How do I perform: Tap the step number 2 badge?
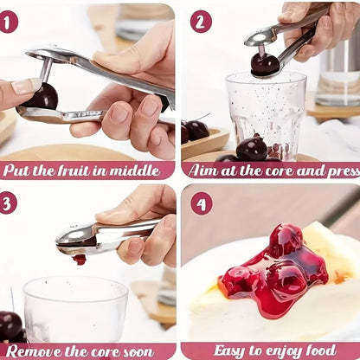pyautogui.click(x=201, y=21)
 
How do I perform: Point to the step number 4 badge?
pyautogui.click(x=201, y=202)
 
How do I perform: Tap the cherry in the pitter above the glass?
pyautogui.click(x=265, y=64)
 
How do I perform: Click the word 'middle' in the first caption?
pyautogui.click(x=145, y=170)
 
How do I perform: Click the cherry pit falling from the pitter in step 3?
pyautogui.click(x=80, y=259)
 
